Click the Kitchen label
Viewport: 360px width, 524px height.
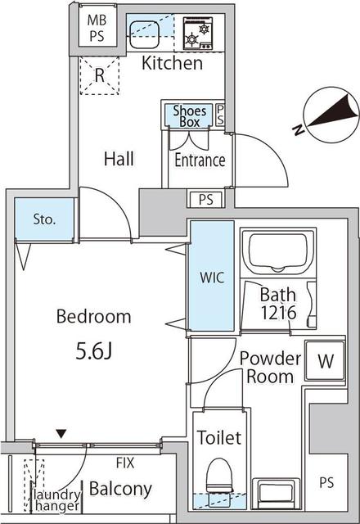pyautogui.click(x=172, y=63)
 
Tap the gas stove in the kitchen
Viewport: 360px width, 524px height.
pyautogui.click(x=198, y=34)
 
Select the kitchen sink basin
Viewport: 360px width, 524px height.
pyautogui.click(x=144, y=34)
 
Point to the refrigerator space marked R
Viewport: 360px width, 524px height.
pyautogui.click(x=100, y=75)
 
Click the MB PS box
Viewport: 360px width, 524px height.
pyautogui.click(x=97, y=27)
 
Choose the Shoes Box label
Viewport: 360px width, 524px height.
pyautogui.click(x=189, y=116)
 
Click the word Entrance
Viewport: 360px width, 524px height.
pyautogui.click(x=200, y=160)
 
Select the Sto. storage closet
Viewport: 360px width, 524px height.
pyautogui.click(x=44, y=219)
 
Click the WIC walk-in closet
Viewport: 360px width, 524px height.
pyautogui.click(x=212, y=276)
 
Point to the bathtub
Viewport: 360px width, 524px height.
pyautogui.click(x=278, y=252)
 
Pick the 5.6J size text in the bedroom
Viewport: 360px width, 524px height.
pyautogui.click(x=93, y=351)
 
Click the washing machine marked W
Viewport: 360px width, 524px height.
pyautogui.click(x=326, y=361)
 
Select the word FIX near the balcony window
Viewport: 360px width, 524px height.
pyautogui.click(x=125, y=463)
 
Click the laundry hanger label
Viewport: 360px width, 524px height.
pyautogui.click(x=56, y=500)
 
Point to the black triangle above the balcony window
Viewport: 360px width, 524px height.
pyautogui.click(x=61, y=434)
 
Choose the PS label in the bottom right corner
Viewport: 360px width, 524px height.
pyautogui.click(x=326, y=482)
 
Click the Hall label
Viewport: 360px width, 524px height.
pyautogui.click(x=119, y=159)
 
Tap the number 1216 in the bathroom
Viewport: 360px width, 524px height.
pyautogui.click(x=278, y=313)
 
